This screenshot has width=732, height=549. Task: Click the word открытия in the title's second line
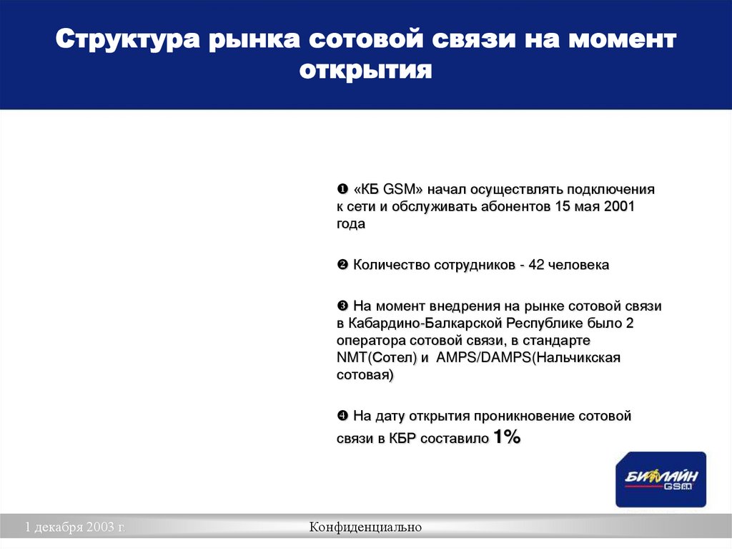[x=366, y=70]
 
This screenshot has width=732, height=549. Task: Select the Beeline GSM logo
[x=661, y=479]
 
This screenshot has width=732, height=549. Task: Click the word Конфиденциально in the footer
[x=366, y=528]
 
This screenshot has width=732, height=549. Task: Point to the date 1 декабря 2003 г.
[x=75, y=528]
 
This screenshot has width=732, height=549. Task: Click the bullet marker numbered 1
[x=342, y=190]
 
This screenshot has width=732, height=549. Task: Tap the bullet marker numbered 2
[x=342, y=266]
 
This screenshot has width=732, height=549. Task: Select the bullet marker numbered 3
[x=342, y=306]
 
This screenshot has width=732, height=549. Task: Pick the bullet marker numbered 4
[x=342, y=416]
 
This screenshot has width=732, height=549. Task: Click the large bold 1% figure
[x=506, y=437]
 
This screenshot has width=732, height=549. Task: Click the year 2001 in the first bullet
[x=619, y=207]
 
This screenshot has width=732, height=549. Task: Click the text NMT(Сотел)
[x=377, y=357]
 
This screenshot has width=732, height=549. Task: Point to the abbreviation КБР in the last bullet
[x=402, y=439]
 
